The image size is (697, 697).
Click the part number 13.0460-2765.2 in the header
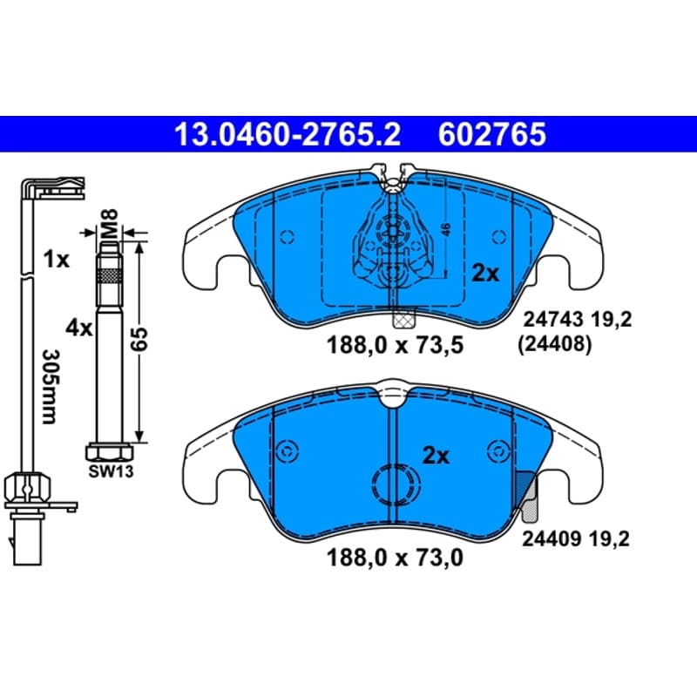click(288, 134)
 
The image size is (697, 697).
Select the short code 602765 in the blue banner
click(492, 134)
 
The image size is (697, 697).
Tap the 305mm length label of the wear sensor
click(50, 387)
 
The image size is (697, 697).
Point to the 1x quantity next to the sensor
click(57, 259)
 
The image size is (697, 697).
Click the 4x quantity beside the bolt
click(78, 328)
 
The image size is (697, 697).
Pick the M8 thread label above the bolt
click(109, 224)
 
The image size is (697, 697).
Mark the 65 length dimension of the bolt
click(140, 339)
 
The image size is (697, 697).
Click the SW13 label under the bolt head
click(111, 471)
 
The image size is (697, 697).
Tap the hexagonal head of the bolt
click(110, 452)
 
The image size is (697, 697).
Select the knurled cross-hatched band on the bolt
click(110, 276)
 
